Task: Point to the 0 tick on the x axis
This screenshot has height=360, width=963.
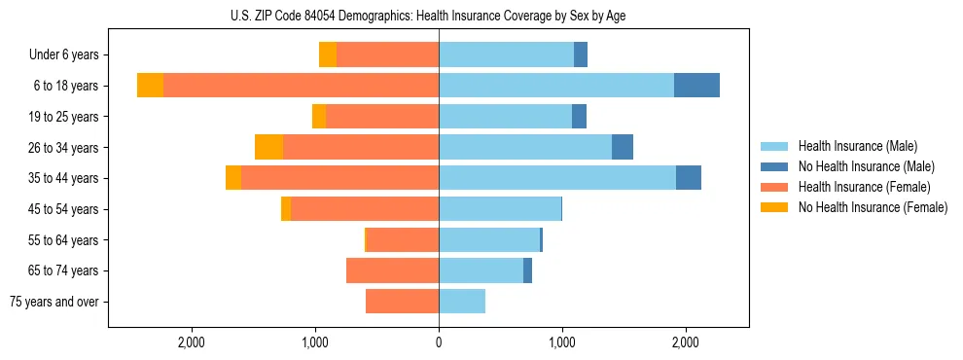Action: [x=439, y=342]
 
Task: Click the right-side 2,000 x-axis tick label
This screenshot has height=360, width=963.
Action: [x=686, y=342]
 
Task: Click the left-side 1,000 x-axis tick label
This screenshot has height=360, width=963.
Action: [x=315, y=342]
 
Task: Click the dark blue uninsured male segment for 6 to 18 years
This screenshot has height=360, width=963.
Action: [x=696, y=86]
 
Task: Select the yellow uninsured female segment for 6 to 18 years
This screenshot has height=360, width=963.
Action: [x=150, y=86]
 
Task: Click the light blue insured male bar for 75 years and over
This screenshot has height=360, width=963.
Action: [x=462, y=302]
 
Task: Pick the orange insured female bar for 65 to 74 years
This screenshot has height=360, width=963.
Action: [x=392, y=270]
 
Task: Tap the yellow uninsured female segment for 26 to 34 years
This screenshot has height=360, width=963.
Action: [x=268, y=147]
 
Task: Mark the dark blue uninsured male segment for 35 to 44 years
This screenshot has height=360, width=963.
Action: [x=689, y=178]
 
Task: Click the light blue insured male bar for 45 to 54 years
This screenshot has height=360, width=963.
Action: [x=500, y=209]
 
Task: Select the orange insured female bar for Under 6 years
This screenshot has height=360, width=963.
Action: [x=387, y=55]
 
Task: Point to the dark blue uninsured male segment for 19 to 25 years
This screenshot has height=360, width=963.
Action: [x=579, y=117]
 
